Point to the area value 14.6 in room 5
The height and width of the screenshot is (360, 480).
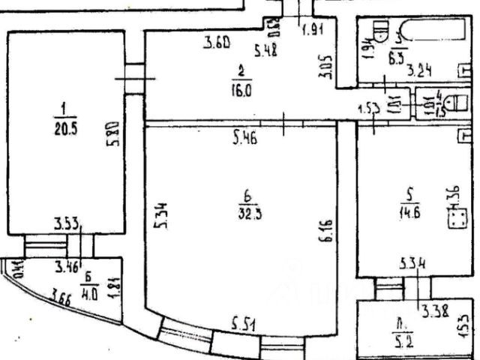pos(409,211)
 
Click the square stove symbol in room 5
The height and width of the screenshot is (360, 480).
pos(457,219)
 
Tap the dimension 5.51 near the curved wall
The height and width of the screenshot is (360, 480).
pos(244,325)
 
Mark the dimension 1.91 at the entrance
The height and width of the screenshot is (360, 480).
pos(312,31)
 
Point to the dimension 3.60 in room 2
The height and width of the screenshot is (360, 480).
pos(217,44)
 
